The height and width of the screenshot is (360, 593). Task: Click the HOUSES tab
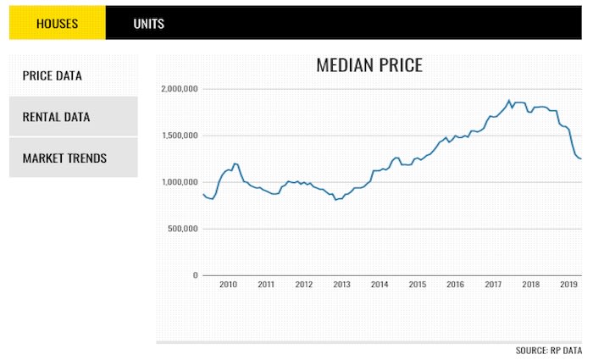point(57,24)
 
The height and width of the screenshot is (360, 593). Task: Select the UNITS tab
point(148,24)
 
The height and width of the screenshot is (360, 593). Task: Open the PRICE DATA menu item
point(53,75)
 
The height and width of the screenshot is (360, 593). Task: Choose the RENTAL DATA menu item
point(56,117)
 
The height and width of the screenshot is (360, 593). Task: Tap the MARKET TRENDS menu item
point(64,158)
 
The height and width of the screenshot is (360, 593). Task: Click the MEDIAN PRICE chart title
point(369,66)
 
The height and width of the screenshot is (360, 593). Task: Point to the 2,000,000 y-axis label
point(179,89)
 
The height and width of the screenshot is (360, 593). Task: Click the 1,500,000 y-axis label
point(179,136)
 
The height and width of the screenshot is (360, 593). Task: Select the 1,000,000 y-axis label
point(179,182)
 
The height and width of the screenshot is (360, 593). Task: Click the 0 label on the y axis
point(194,275)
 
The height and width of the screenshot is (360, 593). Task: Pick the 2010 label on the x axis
point(228,285)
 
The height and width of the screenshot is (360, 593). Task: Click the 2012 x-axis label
point(303,285)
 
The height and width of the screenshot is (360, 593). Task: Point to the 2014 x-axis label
point(380,285)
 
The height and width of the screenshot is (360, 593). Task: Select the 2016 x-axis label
point(455,285)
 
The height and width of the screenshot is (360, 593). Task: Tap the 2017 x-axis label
point(493,285)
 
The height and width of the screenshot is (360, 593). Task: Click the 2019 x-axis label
point(568,285)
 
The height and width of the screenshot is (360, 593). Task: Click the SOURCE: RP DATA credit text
point(549,350)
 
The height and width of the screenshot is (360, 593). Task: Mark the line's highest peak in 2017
point(509,101)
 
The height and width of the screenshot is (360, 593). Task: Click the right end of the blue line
point(580,158)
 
